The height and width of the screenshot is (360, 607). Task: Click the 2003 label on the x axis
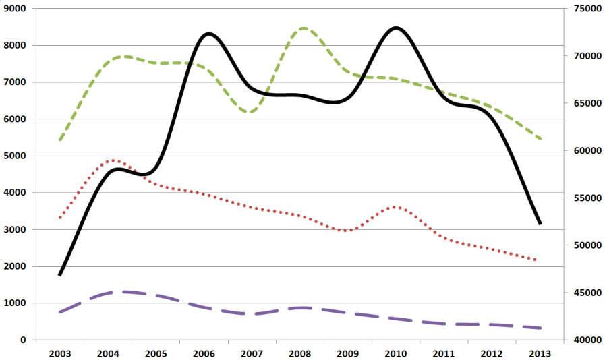(60, 353)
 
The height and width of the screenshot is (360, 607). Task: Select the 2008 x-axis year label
(300, 353)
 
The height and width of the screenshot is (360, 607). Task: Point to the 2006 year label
(204, 353)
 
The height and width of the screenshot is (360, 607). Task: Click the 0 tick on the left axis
(24, 340)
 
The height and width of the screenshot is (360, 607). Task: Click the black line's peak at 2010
(395, 28)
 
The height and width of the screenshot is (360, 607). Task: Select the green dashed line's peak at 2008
(303, 28)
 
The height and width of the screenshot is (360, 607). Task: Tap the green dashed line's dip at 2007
(251, 112)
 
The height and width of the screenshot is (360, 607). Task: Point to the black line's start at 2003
(60, 275)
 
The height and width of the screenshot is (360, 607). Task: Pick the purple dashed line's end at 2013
(540, 328)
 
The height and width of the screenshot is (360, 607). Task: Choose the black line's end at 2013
(540, 224)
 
